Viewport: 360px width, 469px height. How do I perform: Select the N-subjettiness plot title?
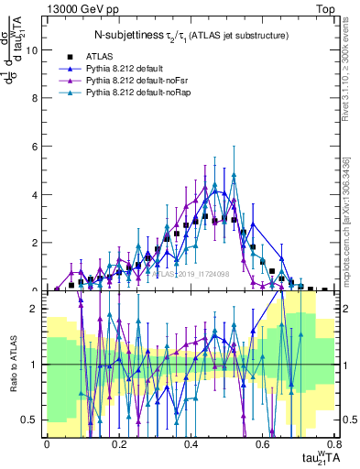(x=191, y=35)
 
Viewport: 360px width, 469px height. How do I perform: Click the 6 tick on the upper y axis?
(x=35, y=147)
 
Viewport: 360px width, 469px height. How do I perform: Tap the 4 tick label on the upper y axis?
(x=35, y=195)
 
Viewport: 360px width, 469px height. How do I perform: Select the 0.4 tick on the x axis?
(x=191, y=443)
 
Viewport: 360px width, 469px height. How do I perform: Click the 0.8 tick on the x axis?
(x=333, y=443)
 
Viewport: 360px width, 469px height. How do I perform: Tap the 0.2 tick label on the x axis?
(x=118, y=443)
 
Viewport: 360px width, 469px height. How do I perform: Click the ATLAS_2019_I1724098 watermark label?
(x=191, y=273)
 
